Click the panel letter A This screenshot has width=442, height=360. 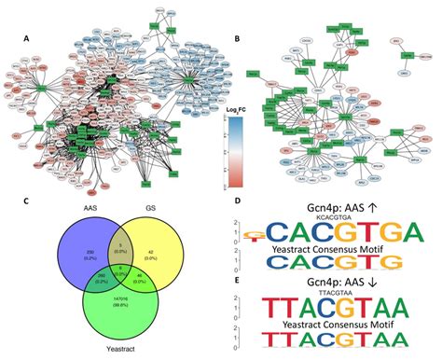[x=27, y=40]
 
